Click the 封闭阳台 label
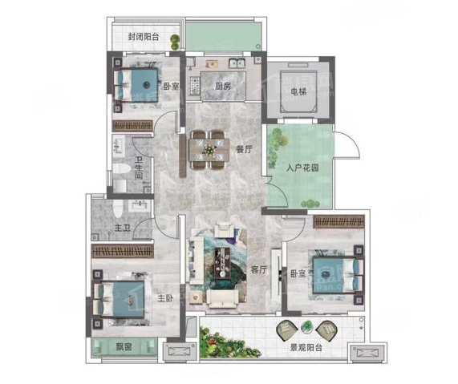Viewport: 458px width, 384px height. pyautogui.click(x=144, y=37)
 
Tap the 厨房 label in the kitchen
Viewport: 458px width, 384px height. pyautogui.click(x=223, y=86)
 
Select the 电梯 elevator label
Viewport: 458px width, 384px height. pyautogui.click(x=298, y=91)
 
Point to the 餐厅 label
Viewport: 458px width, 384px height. pyautogui.click(x=244, y=150)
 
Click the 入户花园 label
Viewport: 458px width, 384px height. pyautogui.click(x=302, y=168)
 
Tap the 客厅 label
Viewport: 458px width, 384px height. pyautogui.click(x=259, y=269)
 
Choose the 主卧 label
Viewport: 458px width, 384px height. pyautogui.click(x=165, y=298)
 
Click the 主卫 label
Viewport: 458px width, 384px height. pyautogui.click(x=122, y=228)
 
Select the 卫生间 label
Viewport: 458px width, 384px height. pyautogui.click(x=139, y=168)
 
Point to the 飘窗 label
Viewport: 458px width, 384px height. pyautogui.click(x=124, y=347)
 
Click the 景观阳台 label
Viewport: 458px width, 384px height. pyautogui.click(x=306, y=348)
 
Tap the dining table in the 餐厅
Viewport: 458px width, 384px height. pyautogui.click(x=209, y=150)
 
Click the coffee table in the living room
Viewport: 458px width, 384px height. pyautogui.click(x=222, y=263)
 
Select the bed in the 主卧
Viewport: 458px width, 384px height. pyautogui.click(x=120, y=299)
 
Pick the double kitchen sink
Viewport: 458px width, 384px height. pyautogui.click(x=237, y=63)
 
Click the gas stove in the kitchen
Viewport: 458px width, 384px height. pyautogui.click(x=193, y=86)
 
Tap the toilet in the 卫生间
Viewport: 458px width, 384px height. pyautogui.click(x=121, y=169)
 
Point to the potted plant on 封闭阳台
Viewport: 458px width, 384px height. pyautogui.click(x=175, y=42)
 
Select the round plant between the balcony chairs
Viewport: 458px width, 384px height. pyautogui.click(x=306, y=326)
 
